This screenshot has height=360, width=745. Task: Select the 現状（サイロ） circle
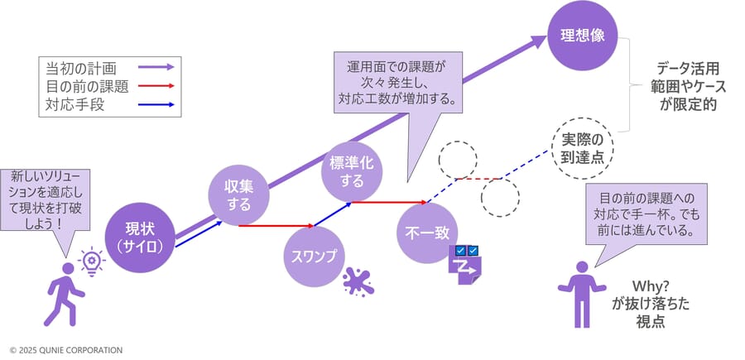coord(140,238)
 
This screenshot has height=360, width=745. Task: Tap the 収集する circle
coord(239,195)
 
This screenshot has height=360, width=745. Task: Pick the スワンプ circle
coord(314,257)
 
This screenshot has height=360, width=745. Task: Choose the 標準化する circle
coord(352,172)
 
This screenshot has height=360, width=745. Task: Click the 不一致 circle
coord(427,233)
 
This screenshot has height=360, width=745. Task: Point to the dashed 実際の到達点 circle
coord(583,148)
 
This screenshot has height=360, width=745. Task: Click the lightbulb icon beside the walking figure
coord(91,261)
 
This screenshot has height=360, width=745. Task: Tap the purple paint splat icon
coord(358,281)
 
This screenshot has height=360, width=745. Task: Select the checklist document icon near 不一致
coord(465,265)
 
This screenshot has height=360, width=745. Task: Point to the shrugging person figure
coord(582,295)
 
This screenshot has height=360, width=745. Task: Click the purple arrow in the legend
coord(156,67)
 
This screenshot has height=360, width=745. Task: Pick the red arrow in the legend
coord(156,86)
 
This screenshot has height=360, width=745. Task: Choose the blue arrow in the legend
coord(156,104)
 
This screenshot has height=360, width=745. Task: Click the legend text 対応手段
coord(74,104)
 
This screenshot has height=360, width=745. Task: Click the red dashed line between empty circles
coord(478,179)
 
